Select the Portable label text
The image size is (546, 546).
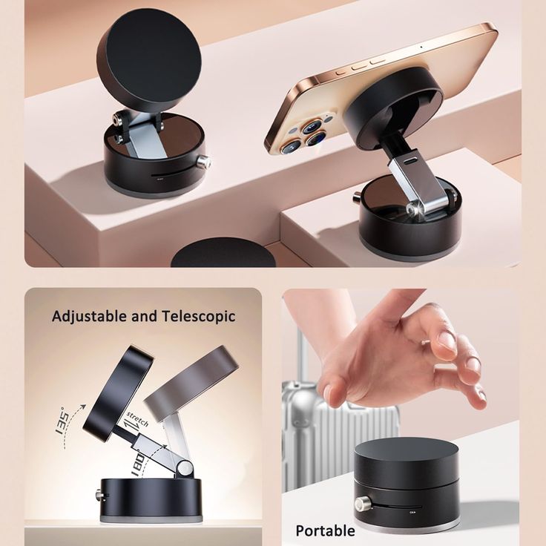tap(325, 530)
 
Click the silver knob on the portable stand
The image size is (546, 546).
tap(361, 504)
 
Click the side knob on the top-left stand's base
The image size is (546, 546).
tap(203, 162)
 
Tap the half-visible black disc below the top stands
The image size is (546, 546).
tap(223, 254)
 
